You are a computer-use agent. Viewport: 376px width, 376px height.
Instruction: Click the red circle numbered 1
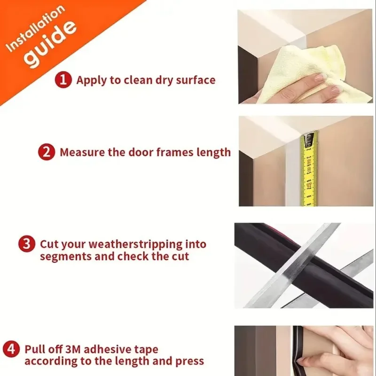pyautogui.click(x=63, y=80)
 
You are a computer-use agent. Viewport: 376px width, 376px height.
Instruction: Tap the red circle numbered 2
pyautogui.click(x=47, y=152)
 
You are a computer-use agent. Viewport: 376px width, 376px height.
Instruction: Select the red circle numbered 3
pyautogui.click(x=27, y=244)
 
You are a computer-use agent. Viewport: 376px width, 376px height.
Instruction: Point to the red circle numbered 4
pyautogui.click(x=11, y=349)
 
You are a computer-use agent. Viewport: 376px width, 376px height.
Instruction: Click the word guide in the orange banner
pyautogui.click(x=51, y=43)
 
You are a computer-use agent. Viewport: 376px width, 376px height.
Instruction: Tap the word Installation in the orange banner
pyautogui.click(x=35, y=28)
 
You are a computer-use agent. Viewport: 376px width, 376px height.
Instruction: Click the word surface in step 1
pyautogui.click(x=196, y=80)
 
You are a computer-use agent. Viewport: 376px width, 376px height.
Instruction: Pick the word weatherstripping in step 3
pyautogui.click(x=136, y=244)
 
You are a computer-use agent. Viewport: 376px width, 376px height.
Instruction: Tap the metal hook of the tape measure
pyautogui.click(x=308, y=141)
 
